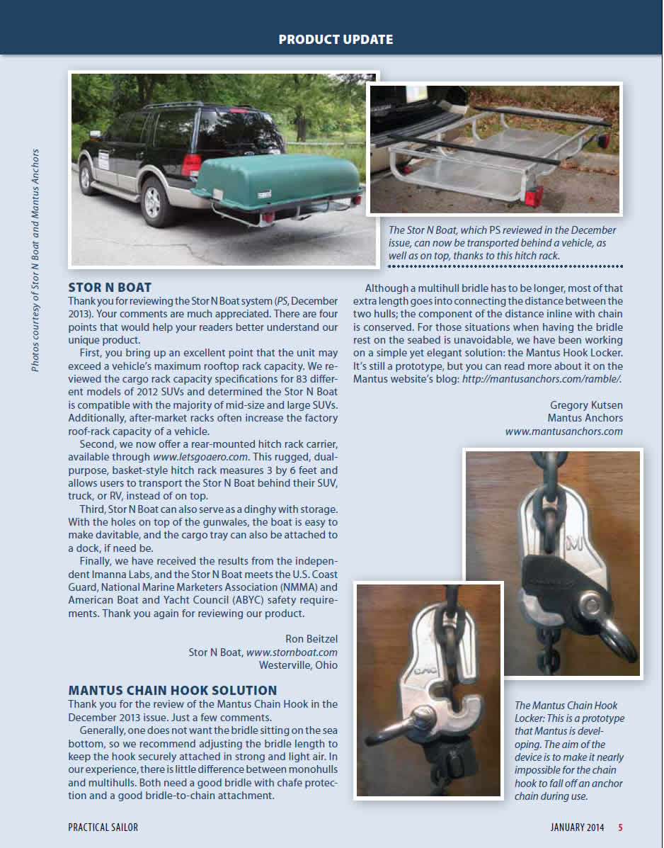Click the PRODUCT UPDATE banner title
(x=336, y=39)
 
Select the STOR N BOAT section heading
(x=110, y=288)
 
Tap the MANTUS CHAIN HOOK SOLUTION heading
(x=173, y=690)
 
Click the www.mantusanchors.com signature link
(x=564, y=431)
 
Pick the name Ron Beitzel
(x=311, y=638)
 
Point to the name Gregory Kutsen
(x=586, y=405)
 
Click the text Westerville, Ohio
(x=298, y=665)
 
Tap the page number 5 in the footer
(x=620, y=827)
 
